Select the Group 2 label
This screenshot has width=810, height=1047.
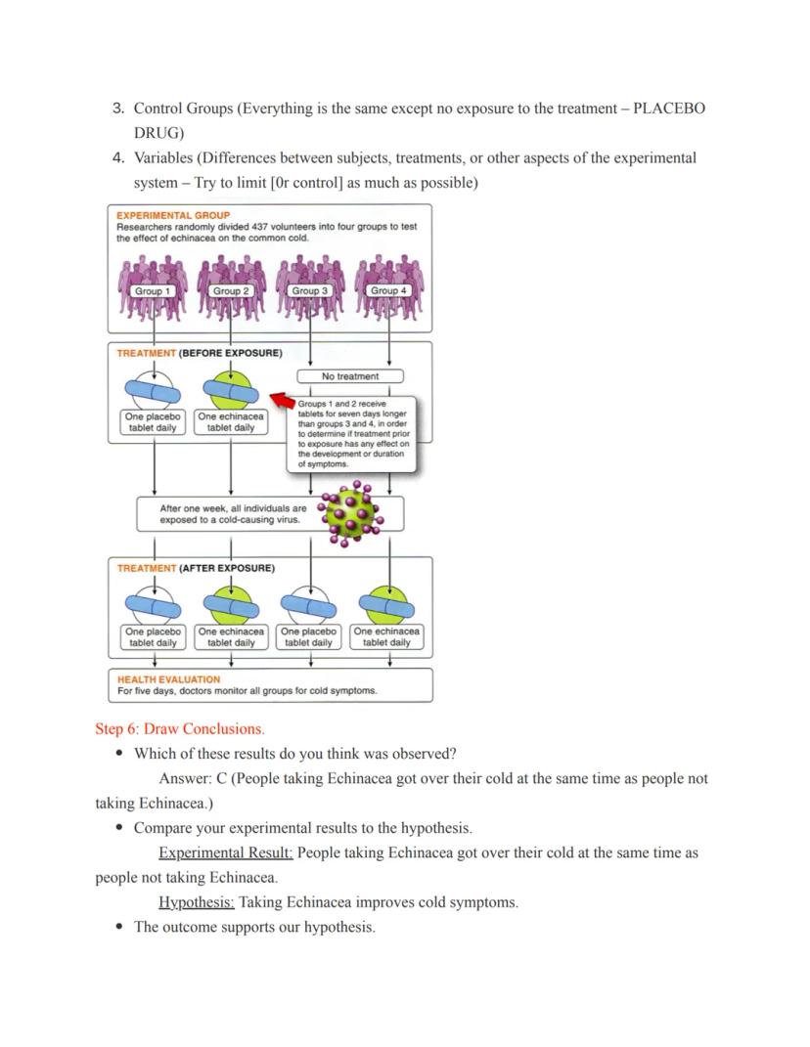point(231,291)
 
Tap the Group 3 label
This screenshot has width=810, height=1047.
point(310,291)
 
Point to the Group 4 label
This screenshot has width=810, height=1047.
point(388,291)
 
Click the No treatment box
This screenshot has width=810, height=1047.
point(350,376)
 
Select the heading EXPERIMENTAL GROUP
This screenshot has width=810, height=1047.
point(173,215)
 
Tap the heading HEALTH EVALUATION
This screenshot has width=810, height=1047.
point(168,679)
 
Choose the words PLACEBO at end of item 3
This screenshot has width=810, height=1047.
point(669,109)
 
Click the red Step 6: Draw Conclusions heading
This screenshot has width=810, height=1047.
point(179,729)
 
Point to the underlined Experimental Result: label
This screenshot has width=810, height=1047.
point(226,853)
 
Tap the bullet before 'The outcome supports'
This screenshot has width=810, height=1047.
point(119,928)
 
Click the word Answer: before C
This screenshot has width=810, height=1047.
point(185,779)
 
